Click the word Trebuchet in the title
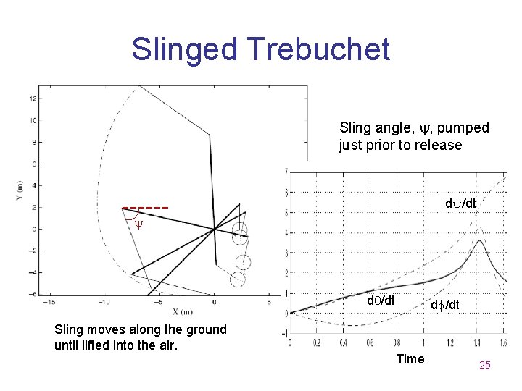click(319, 49)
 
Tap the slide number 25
click(485, 365)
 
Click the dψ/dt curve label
click(460, 204)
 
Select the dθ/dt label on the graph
click(381, 300)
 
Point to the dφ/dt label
click(444, 306)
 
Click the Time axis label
click(410, 359)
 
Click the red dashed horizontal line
click(145, 208)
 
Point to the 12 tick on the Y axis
click(33, 98)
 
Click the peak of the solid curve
click(479, 241)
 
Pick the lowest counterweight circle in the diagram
click(238, 279)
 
